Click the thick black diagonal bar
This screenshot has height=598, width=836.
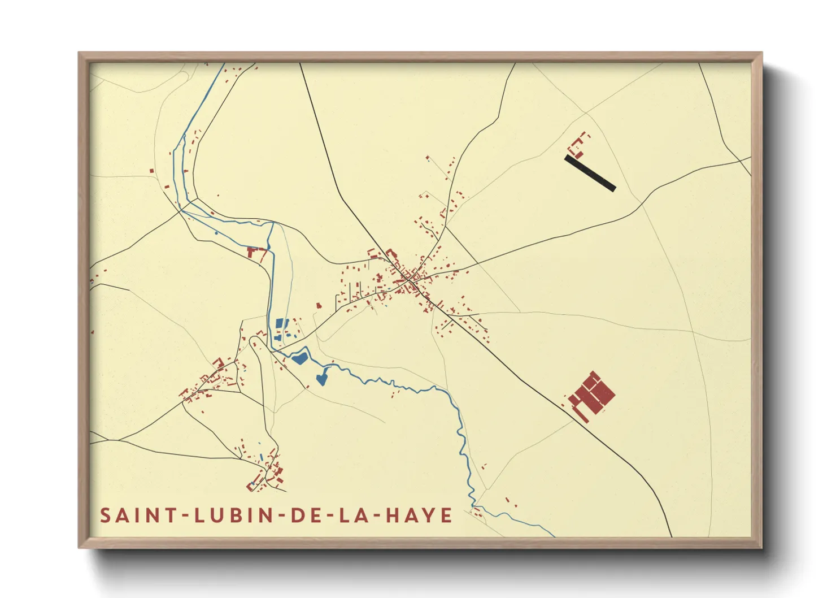click(590, 174)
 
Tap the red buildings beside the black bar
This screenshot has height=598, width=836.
click(578, 144)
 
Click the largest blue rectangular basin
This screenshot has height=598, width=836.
click(280, 324)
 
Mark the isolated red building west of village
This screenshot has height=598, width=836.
click(319, 305)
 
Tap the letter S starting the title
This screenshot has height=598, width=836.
click(105, 515)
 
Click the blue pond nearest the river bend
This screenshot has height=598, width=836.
click(299, 357)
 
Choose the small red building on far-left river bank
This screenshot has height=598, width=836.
click(151, 170)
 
